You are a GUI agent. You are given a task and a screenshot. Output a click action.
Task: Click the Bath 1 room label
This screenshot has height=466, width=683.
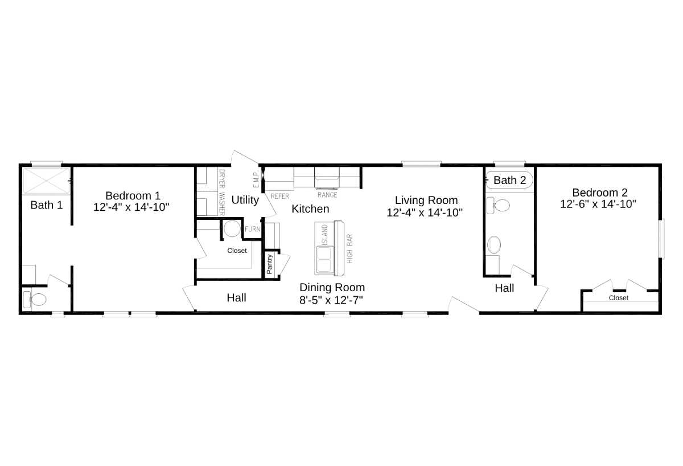tap(47, 205)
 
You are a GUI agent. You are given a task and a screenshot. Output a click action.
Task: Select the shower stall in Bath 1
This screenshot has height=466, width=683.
tap(46, 181)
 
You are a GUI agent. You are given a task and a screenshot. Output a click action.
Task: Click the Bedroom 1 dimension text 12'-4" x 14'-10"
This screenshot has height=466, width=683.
tap(132, 207)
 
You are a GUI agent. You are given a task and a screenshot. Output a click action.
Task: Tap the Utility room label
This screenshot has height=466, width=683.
tap(245, 200)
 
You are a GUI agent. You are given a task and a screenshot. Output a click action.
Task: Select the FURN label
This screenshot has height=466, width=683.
tap(253, 229)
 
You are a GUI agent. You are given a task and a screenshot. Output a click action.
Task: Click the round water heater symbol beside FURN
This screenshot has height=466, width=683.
tap(232, 229)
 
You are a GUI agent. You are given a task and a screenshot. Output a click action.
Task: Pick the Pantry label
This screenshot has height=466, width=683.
tap(270, 264)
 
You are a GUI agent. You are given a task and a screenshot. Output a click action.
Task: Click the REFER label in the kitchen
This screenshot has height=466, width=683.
tap(280, 195)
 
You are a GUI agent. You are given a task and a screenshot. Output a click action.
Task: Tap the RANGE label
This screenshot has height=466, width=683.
tap(327, 195)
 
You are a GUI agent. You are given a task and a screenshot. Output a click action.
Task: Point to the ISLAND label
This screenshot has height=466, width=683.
tap(325, 235)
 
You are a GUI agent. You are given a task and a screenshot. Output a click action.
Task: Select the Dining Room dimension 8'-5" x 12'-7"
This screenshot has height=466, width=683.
tap(332, 300)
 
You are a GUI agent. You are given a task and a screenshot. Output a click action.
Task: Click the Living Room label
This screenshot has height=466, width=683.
tap(426, 200)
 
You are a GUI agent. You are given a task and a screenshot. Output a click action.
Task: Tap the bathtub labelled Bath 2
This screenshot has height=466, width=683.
tap(509, 180)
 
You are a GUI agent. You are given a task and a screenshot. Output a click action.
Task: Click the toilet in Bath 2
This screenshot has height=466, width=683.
tap(499, 205)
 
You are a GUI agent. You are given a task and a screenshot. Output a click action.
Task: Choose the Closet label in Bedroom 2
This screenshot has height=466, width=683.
tap(619, 298)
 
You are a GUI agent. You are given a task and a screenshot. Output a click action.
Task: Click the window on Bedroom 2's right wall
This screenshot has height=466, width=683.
tap(662, 239)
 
